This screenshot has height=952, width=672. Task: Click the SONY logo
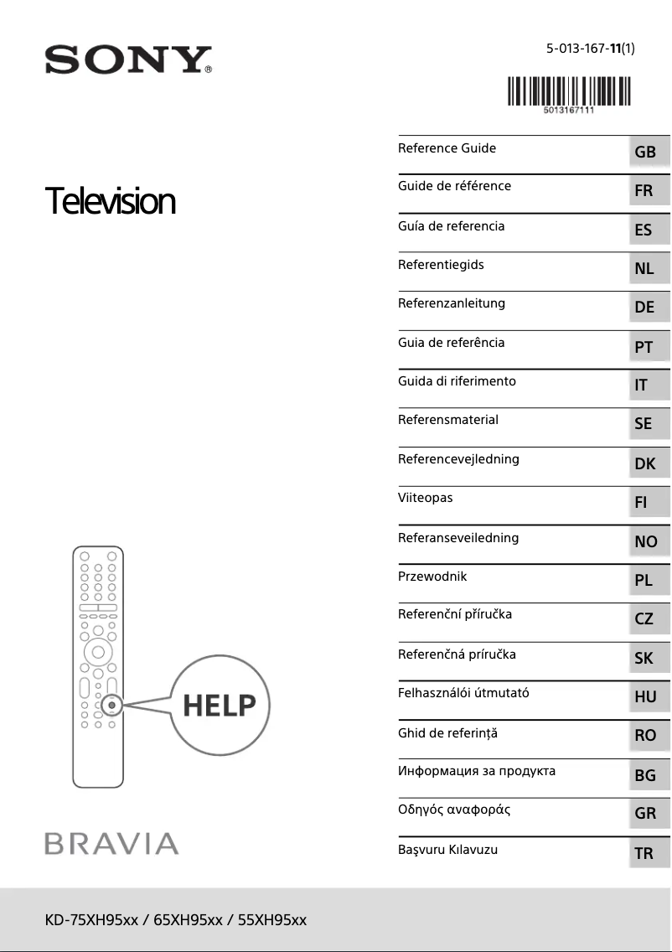[127, 60]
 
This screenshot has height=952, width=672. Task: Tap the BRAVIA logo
[111, 843]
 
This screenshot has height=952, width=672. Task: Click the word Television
[110, 202]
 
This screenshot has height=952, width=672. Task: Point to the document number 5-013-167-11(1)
[590, 48]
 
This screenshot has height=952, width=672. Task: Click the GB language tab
[645, 153]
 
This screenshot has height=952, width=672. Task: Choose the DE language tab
[644, 308]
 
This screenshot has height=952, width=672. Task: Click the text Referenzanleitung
[451, 303]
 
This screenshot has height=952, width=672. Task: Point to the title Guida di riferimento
[457, 381]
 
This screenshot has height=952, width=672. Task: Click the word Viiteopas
[425, 498]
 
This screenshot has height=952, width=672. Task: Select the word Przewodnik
[432, 577]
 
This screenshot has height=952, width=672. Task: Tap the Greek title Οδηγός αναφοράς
[453, 810]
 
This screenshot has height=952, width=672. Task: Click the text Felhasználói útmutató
[463, 693]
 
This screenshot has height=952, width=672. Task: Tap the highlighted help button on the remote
[111, 705]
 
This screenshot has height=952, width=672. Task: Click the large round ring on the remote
[98, 651]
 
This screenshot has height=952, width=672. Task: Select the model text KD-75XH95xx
[91, 920]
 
